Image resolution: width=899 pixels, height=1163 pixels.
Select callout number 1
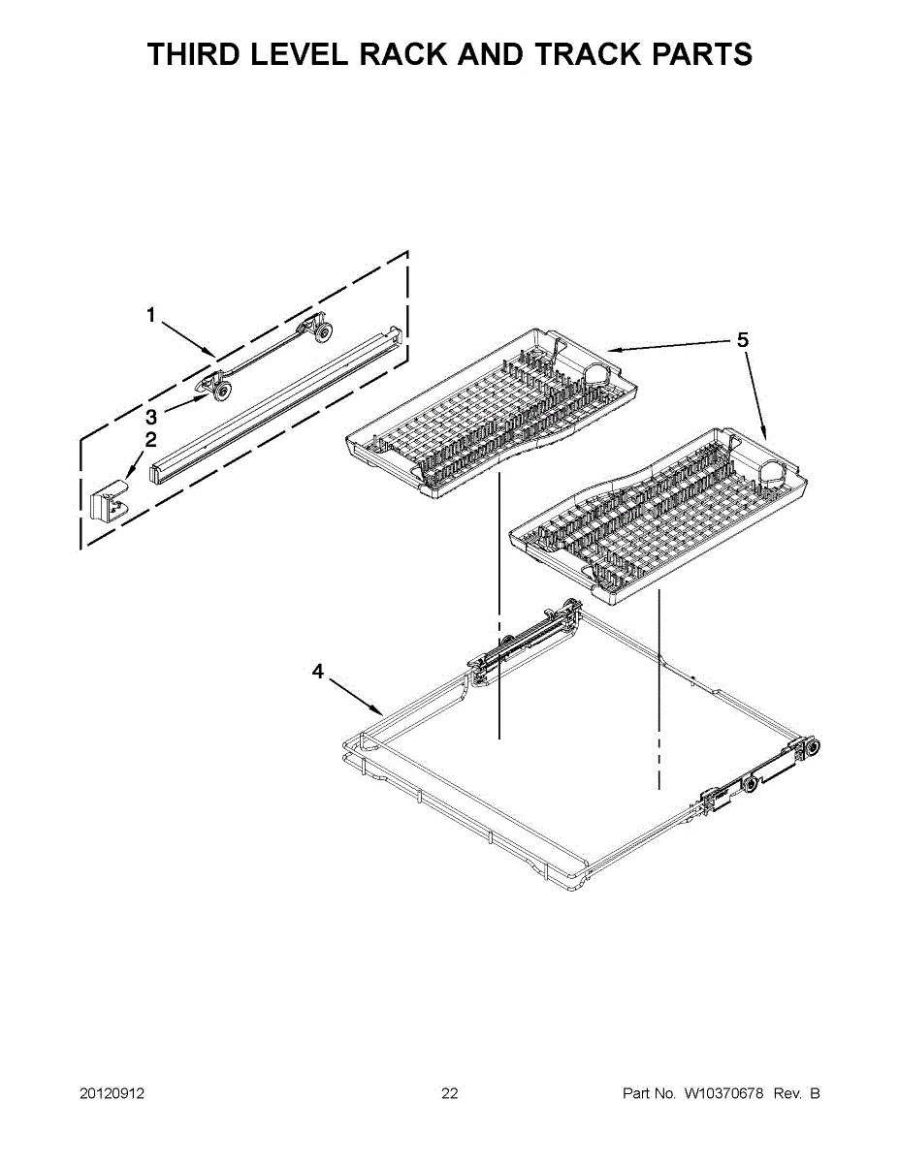[150, 314]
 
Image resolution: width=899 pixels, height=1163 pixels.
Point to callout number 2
[150, 439]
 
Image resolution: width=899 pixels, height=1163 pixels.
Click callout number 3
[150, 418]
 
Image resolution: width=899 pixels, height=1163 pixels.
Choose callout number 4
[317, 671]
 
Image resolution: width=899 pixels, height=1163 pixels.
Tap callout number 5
[742, 339]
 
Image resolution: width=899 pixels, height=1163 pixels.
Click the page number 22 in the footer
[449, 1094]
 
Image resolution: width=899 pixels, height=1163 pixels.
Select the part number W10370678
[723, 1094]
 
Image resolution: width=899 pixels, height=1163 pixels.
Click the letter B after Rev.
[815, 1094]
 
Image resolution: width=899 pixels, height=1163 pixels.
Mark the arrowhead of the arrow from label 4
[381, 712]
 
